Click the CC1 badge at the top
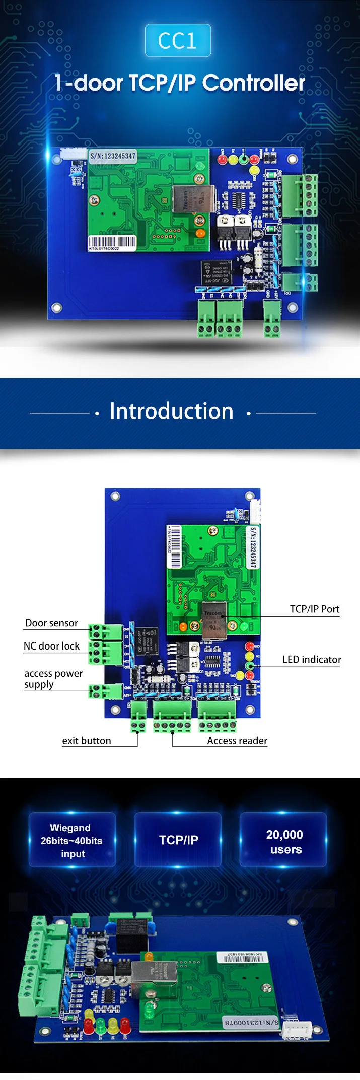pos(178,40)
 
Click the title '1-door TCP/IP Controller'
pos(180,83)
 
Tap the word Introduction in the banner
pos(172,411)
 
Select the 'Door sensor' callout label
pos(51,623)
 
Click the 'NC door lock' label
pos(51,646)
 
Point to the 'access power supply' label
pos(53,679)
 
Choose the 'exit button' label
pos(87,741)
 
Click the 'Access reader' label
pos(237,741)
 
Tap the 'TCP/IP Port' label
pos(315,609)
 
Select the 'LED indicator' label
pos(312,660)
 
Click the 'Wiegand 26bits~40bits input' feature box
pos(72,840)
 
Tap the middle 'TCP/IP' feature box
pos(178,840)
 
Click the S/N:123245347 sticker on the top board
pos(113,156)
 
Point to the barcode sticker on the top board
pos(112,243)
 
